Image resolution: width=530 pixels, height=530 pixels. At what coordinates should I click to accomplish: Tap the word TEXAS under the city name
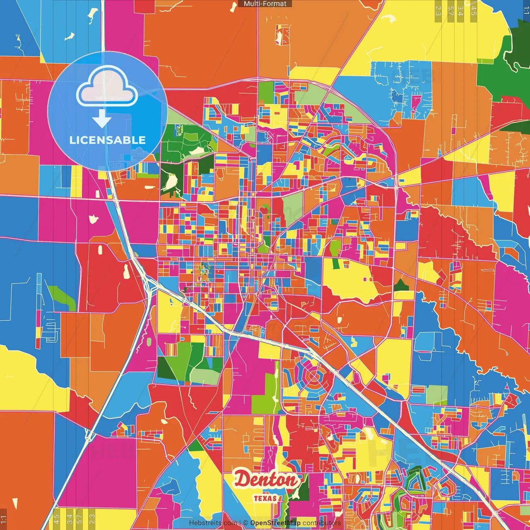265,498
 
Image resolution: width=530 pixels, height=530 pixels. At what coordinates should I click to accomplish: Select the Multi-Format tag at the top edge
265,4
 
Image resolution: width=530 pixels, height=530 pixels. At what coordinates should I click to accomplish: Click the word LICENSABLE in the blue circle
108,140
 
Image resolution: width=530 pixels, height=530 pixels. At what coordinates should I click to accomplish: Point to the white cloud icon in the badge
107,86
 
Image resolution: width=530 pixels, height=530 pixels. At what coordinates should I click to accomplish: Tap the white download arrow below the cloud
102,119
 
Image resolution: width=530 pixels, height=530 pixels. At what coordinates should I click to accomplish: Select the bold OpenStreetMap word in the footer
275,523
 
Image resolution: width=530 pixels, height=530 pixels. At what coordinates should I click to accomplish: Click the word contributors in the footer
321,523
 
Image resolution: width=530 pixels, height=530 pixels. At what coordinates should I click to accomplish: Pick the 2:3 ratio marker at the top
438,11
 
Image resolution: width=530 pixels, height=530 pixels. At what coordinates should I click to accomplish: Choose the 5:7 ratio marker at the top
450,11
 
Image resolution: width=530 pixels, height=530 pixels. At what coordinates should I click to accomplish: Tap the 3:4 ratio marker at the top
460,11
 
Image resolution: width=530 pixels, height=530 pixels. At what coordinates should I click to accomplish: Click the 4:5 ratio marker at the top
474,11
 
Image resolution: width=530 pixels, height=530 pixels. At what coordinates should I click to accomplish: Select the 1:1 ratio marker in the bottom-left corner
4,519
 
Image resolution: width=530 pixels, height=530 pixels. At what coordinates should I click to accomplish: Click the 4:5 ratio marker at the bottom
56,519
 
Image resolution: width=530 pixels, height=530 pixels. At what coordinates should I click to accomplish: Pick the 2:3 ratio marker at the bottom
92,519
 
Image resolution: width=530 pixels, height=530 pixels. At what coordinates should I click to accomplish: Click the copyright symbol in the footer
246,523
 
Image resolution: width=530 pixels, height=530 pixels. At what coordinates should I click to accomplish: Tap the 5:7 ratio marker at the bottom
79,519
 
